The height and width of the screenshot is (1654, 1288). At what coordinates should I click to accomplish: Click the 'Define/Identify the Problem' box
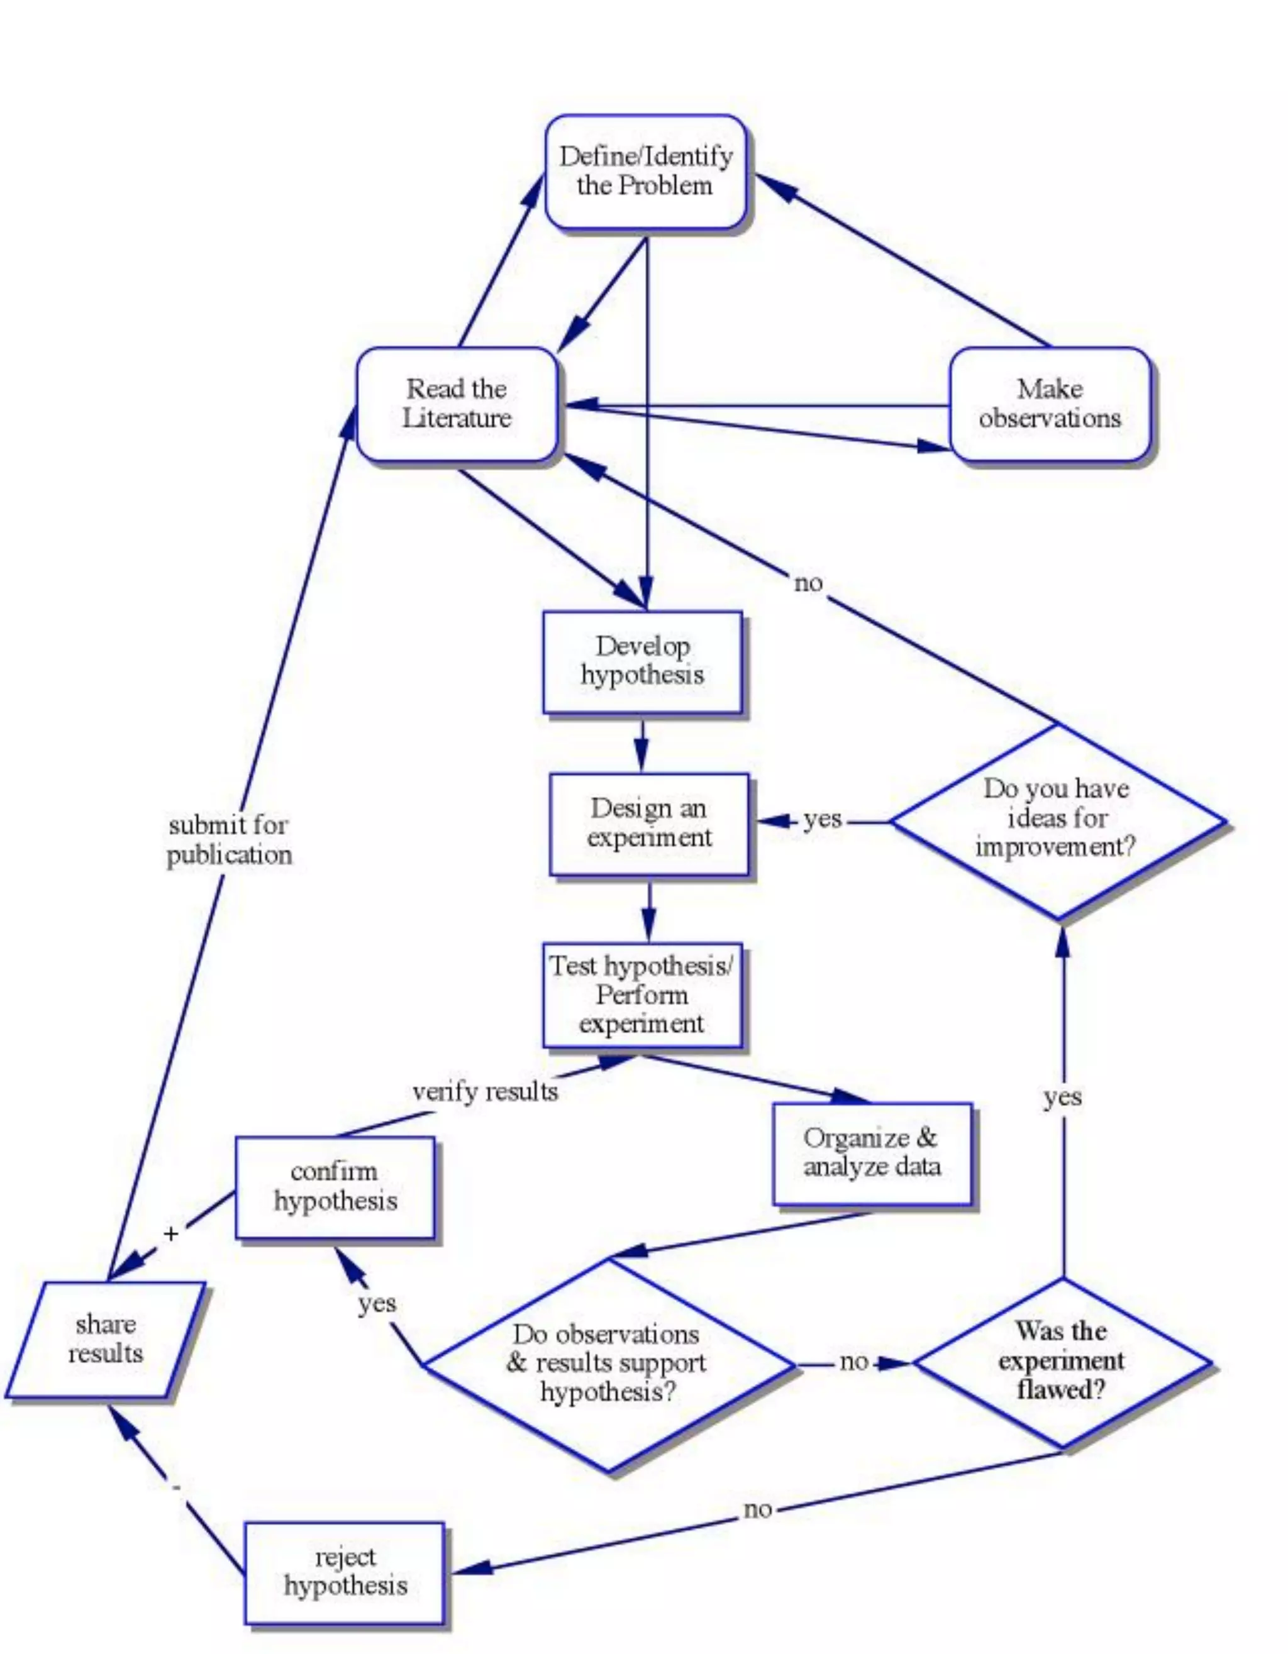click(x=645, y=172)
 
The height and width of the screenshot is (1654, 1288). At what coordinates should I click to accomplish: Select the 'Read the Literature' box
click(x=457, y=404)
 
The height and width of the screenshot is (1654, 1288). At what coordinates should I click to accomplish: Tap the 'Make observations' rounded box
click(x=1050, y=404)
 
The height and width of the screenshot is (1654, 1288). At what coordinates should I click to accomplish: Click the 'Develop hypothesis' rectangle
click(x=643, y=661)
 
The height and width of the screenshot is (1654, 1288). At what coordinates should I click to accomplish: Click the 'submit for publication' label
click(x=229, y=841)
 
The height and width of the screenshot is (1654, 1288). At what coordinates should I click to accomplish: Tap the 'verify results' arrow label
click(x=485, y=1092)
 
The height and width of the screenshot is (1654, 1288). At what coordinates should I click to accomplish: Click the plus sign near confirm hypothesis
click(x=171, y=1235)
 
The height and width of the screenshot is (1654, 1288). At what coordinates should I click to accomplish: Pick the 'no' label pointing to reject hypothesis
click(x=758, y=1509)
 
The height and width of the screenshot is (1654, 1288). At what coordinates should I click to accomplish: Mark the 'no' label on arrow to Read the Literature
click(x=808, y=583)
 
